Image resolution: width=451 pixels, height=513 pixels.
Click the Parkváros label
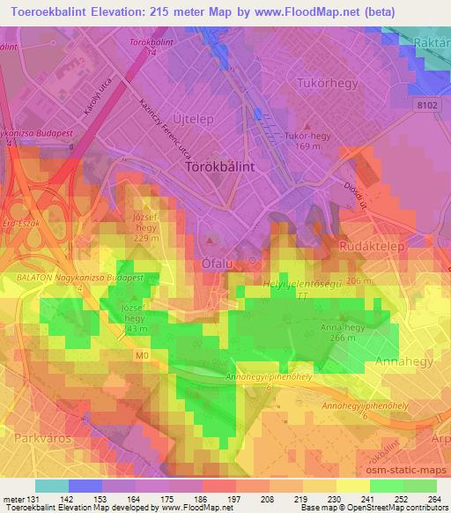pos(41,436)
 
